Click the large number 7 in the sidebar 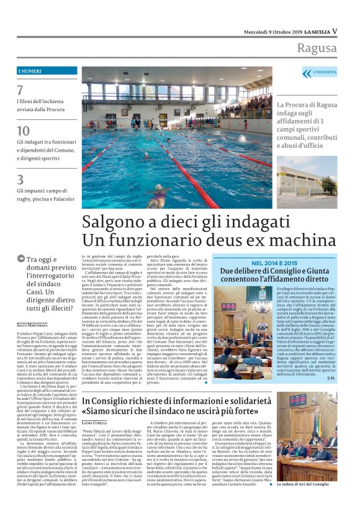pos(20,91)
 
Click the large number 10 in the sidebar pos(23,130)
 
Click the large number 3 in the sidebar pos(20,179)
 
